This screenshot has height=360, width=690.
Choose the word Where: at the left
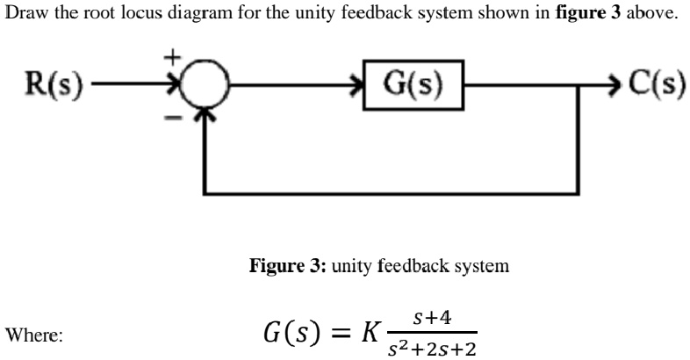33,335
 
